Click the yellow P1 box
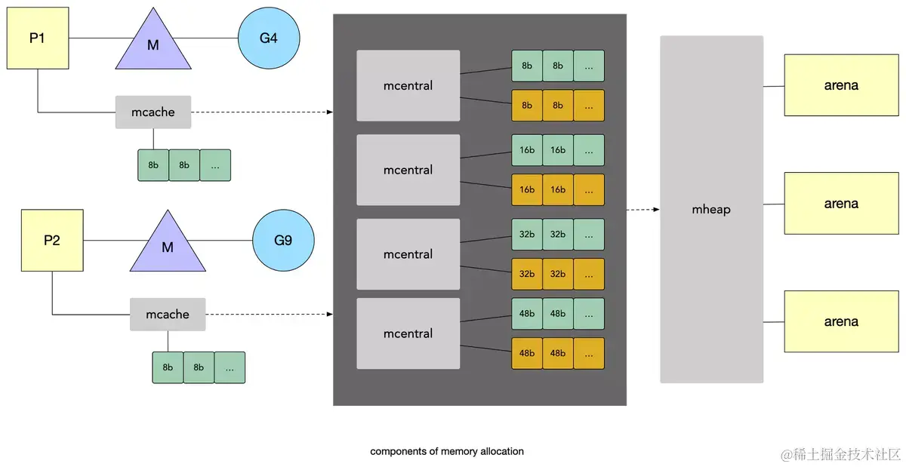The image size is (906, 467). tap(38, 38)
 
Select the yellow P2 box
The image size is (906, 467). tap(52, 240)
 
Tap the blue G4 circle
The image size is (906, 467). tap(269, 38)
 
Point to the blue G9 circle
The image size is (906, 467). tap(283, 241)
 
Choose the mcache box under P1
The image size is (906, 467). tap(153, 112)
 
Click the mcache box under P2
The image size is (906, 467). tap(168, 314)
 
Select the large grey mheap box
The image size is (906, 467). tap(711, 209)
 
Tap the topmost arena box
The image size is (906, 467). tap(841, 85)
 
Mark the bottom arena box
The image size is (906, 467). tap(841, 321)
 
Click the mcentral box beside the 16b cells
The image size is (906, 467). tap(408, 170)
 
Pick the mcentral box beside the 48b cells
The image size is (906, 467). tap(408, 333)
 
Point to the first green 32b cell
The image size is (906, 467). tap(527, 234)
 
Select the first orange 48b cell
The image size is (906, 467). tap(527, 353)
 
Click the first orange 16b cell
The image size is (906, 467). tap(527, 189)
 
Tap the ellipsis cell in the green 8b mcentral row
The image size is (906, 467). tap(589, 66)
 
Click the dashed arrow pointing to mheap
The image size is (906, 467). tap(643, 209)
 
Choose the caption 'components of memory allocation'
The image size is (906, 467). tap(447, 451)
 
